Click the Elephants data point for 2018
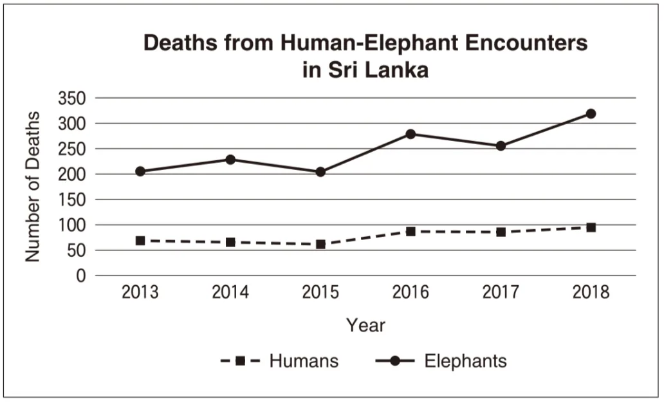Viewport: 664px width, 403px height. pyautogui.click(x=591, y=114)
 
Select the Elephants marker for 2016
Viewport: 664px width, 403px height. pyautogui.click(x=410, y=134)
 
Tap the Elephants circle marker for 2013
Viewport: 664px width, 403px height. pyautogui.click(x=140, y=171)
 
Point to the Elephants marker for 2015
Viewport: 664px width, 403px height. pyautogui.click(x=320, y=172)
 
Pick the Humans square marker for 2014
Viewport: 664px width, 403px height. pyautogui.click(x=230, y=242)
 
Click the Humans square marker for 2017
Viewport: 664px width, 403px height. pyautogui.click(x=501, y=232)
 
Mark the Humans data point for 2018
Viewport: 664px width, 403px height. pyautogui.click(x=591, y=227)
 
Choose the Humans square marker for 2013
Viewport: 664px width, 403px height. pyautogui.click(x=140, y=241)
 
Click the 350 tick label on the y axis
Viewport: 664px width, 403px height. pyautogui.click(x=72, y=98)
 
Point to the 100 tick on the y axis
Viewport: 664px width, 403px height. pyautogui.click(x=72, y=225)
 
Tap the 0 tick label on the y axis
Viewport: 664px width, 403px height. pyautogui.click(x=81, y=276)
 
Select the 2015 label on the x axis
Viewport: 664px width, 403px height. pyautogui.click(x=320, y=293)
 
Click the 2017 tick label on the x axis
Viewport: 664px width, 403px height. pyautogui.click(x=501, y=293)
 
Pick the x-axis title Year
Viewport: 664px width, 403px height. pyautogui.click(x=365, y=326)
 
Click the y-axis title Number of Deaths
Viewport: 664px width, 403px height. pyautogui.click(x=33, y=187)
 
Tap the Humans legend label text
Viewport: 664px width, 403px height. pyautogui.click(x=304, y=361)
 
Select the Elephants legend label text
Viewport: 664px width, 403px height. pyautogui.click(x=465, y=361)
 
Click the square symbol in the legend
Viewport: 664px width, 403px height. pyautogui.click(x=240, y=361)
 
